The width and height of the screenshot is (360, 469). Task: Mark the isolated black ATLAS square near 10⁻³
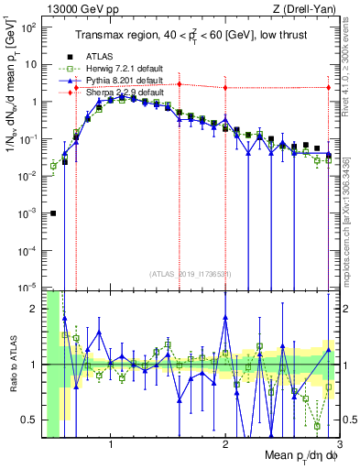tap(53, 213)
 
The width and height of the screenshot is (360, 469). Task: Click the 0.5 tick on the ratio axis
tap(33, 420)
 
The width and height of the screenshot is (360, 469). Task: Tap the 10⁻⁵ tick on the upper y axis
tap(30, 287)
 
